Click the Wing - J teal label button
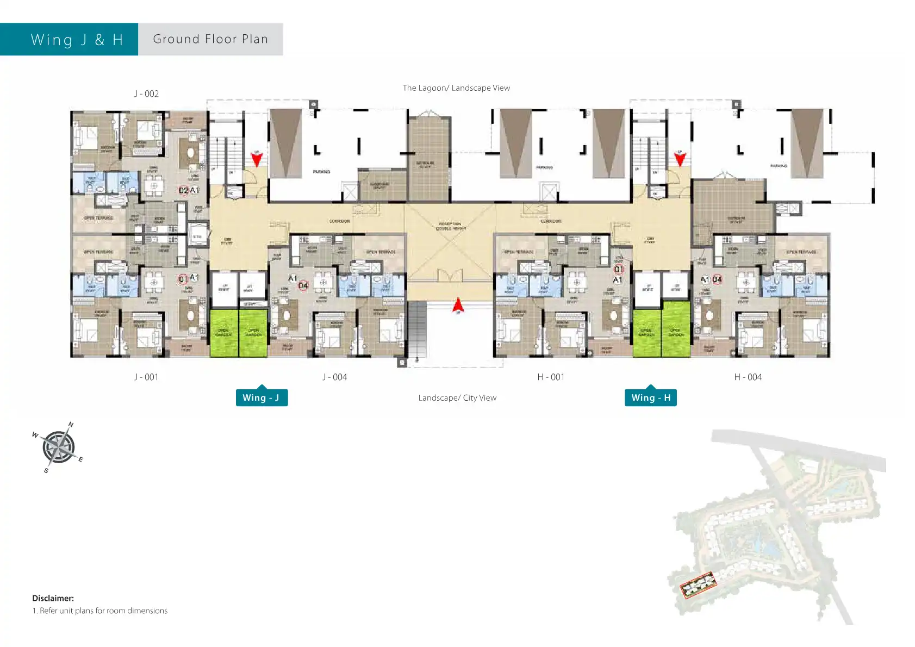262,397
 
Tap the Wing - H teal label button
650,397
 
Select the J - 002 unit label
146,94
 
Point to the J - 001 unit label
146,377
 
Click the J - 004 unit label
334,377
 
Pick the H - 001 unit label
551,377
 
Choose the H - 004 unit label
748,377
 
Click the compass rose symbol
58,447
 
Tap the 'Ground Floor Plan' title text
210,39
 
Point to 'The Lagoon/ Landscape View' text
456,88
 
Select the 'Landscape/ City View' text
457,397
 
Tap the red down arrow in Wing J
257,159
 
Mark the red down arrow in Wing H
680,159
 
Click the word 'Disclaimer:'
53,598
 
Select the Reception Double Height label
451,226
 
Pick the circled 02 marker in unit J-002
184,190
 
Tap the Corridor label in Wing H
551,221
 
